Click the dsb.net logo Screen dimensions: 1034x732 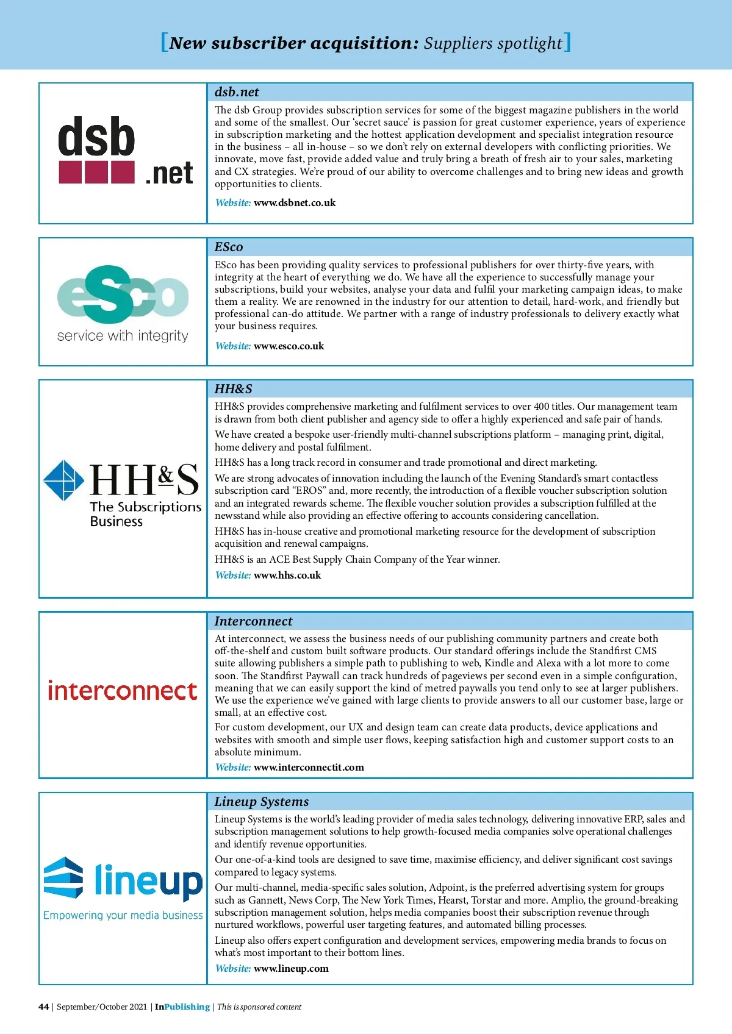point(126,151)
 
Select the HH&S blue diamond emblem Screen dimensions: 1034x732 point(63,480)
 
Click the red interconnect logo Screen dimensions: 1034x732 point(123,691)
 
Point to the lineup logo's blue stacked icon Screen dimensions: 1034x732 point(63,877)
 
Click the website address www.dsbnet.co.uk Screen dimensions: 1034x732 point(295,203)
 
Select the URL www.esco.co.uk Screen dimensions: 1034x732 point(289,346)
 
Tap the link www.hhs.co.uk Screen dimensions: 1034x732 point(287,576)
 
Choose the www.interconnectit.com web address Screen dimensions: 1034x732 point(309,768)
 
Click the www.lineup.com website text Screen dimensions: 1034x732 point(291,969)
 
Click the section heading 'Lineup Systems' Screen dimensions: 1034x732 point(262,802)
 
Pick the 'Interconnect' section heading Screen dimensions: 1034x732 point(253,621)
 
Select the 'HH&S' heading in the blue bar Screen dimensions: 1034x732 point(233,389)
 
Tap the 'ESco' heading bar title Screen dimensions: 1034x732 point(229,247)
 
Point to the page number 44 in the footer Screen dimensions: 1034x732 point(43,1007)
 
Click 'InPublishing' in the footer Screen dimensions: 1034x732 point(182,1007)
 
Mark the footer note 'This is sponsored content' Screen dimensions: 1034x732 point(259,1007)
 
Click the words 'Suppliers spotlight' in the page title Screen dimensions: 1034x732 point(493,43)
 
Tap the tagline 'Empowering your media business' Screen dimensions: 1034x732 point(123,916)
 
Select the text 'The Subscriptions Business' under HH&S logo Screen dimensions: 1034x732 point(145,514)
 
